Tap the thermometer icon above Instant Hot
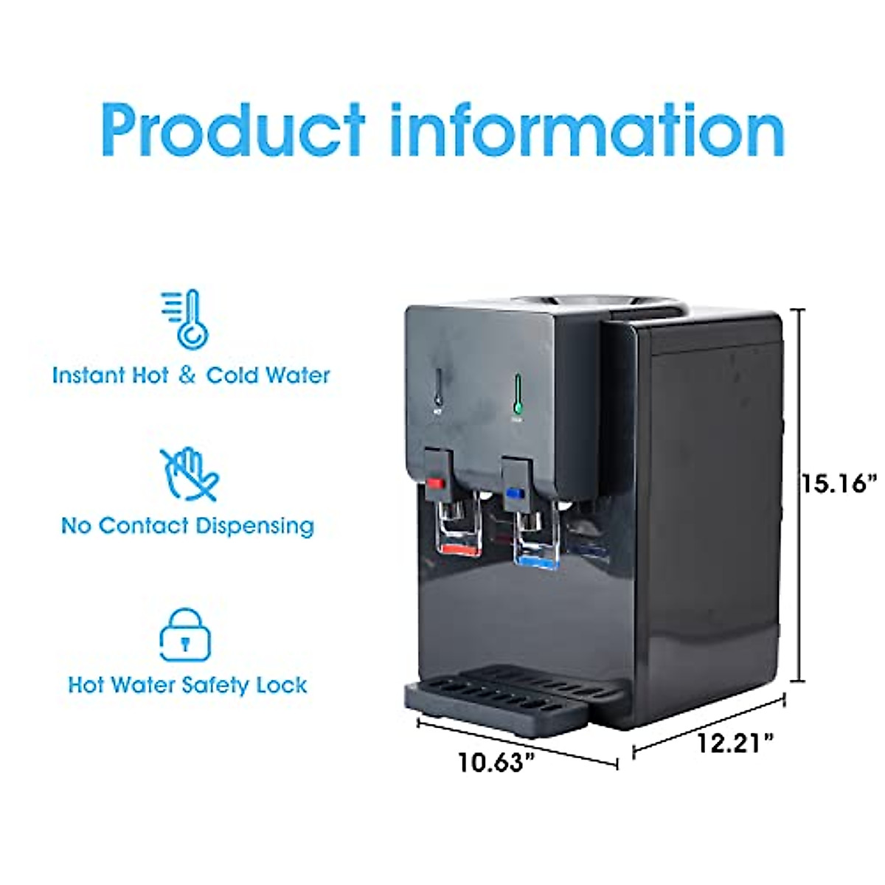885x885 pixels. tap(187, 319)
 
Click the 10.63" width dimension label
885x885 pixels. tap(495, 761)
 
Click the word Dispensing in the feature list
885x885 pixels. tap(254, 527)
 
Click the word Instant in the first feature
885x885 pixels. tap(88, 375)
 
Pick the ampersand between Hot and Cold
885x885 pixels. tap(187, 375)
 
